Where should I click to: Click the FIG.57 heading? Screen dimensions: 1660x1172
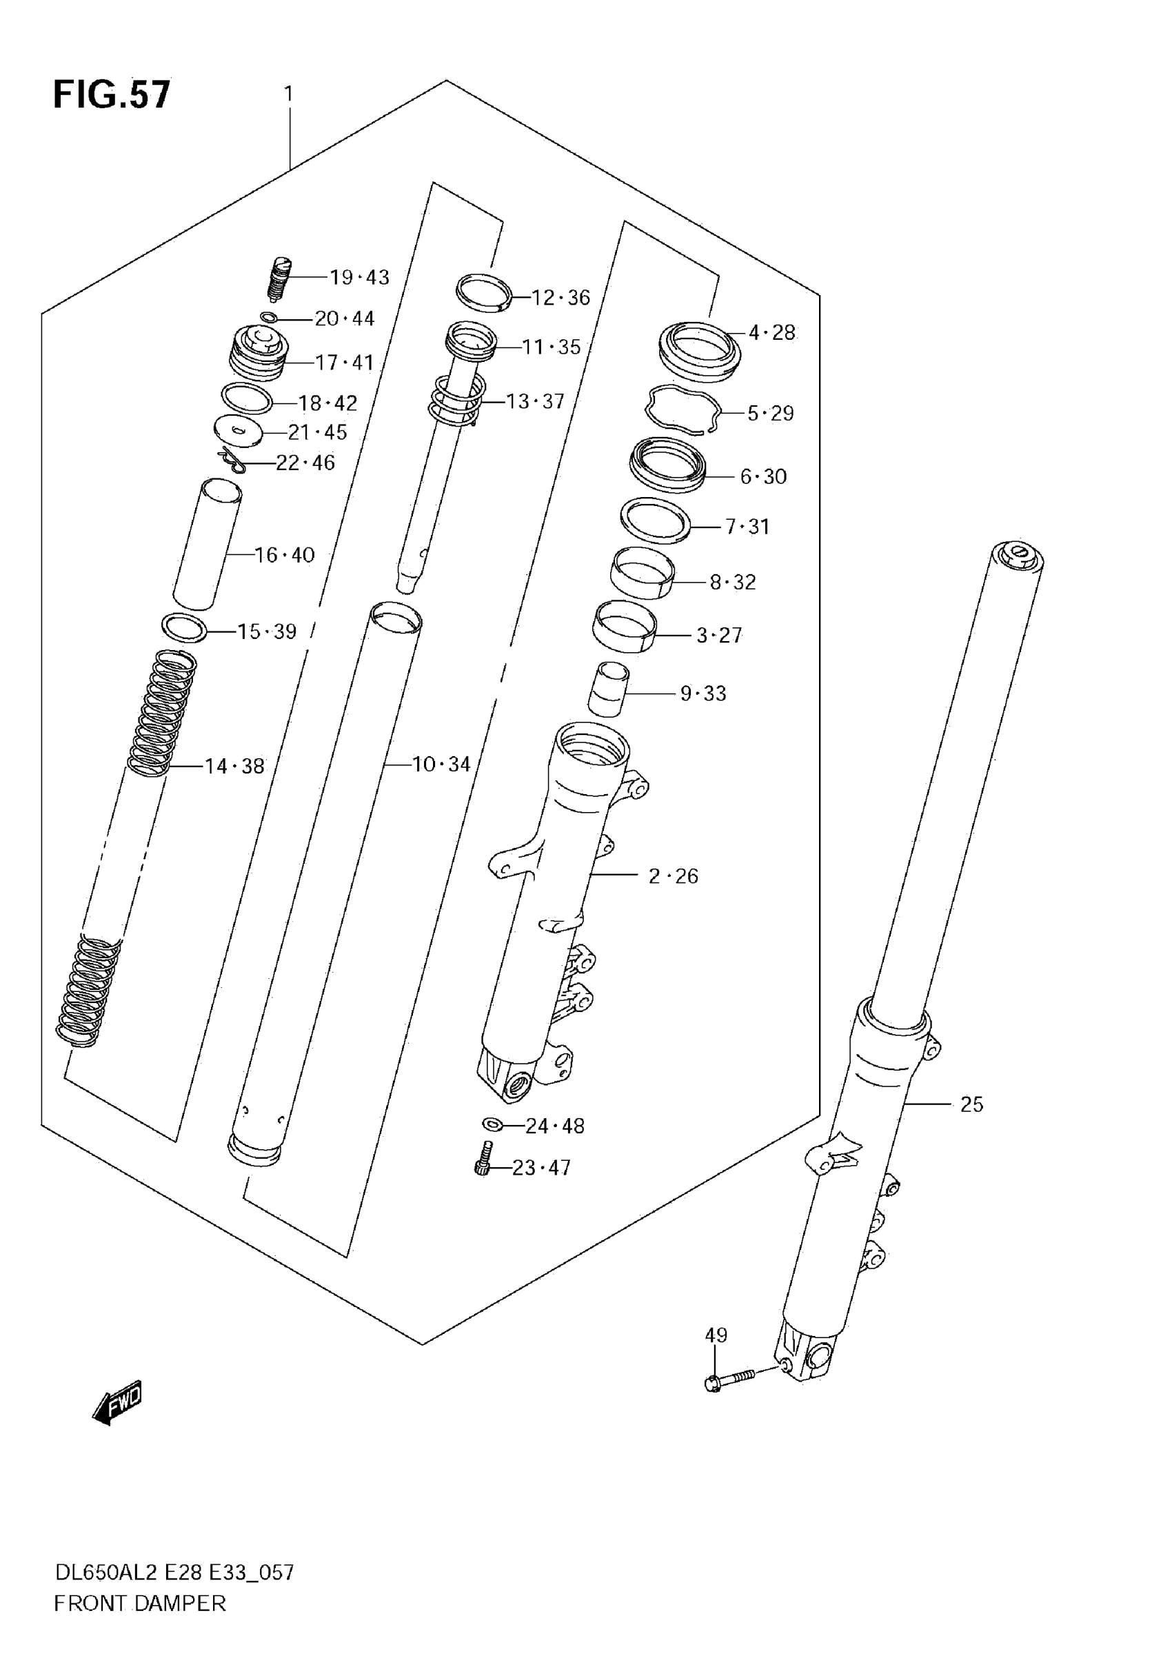(x=112, y=94)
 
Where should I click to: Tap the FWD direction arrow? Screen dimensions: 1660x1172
(x=118, y=1404)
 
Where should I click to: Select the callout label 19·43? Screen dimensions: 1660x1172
(x=359, y=278)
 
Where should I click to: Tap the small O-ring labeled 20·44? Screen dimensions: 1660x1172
(x=268, y=316)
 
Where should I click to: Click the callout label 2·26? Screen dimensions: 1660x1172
(x=673, y=876)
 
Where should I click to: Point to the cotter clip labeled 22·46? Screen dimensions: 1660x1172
(x=232, y=460)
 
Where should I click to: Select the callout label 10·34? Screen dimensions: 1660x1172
(x=441, y=765)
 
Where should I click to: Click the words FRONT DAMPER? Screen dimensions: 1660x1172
(x=139, y=1603)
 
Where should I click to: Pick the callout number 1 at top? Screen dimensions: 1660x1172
(x=288, y=94)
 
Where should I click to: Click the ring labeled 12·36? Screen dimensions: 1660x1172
(x=484, y=292)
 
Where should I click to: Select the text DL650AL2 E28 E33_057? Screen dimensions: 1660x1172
(x=174, y=1572)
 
